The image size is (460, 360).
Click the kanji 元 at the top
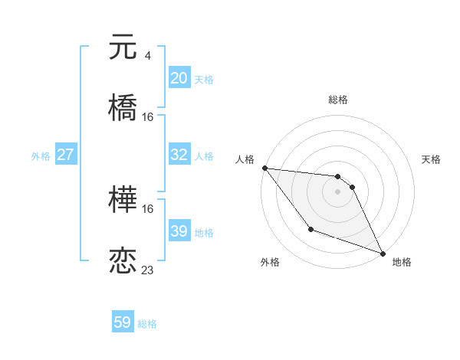123,47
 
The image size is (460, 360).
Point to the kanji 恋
123,260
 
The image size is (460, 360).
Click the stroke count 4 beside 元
148,56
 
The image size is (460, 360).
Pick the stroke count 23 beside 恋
148,270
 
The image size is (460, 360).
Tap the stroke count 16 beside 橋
148,116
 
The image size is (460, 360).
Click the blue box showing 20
179,78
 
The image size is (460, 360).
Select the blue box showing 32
179,155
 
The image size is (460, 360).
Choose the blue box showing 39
179,231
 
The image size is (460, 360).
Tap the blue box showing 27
65,155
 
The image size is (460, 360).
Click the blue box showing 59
123,322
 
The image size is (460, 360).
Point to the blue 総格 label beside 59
148,324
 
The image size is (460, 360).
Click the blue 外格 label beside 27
41,156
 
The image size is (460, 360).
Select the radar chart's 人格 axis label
245,159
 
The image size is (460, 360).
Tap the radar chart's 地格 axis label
402,262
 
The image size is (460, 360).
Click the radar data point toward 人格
264,168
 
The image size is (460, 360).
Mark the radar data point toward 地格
383,253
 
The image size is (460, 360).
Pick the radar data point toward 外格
310,229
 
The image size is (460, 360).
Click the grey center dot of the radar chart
337,191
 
